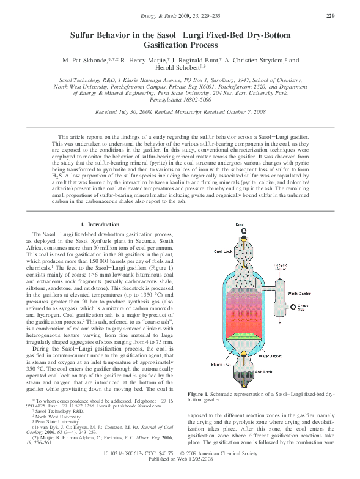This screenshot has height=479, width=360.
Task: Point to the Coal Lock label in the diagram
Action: (x=224, y=251)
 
